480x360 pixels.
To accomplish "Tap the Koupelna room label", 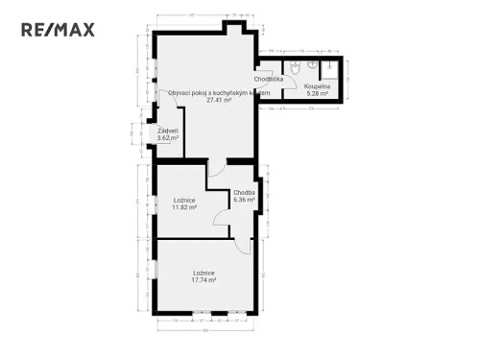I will pyautogui.click(x=317, y=86).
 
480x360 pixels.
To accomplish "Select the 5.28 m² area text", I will pyautogui.click(x=317, y=93).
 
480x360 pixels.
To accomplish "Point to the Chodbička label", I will pyautogui.click(x=269, y=80).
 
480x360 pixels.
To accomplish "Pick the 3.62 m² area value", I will pyautogui.click(x=169, y=137).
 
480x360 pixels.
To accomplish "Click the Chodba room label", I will pyautogui.click(x=244, y=193).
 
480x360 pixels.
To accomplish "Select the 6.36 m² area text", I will pyautogui.click(x=244, y=200).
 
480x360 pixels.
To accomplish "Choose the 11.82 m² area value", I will pyautogui.click(x=183, y=206).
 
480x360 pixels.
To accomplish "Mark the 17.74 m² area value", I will pyautogui.click(x=203, y=280).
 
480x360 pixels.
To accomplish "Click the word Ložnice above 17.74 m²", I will pyautogui.click(x=203, y=274).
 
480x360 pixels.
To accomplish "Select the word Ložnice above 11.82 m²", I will pyautogui.click(x=183, y=200).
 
